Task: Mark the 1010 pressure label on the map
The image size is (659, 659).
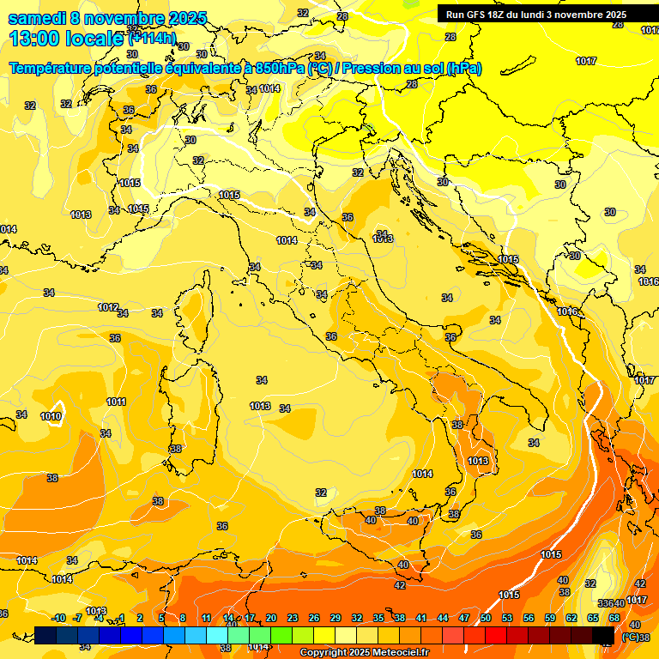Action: click(x=51, y=416)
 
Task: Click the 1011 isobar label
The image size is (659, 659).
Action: click(x=117, y=402)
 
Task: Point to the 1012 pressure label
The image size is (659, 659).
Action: click(x=108, y=307)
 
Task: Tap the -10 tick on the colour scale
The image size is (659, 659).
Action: click(x=58, y=618)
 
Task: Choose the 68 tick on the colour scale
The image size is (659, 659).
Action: click(x=614, y=618)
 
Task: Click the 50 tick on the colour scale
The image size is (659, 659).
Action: click(x=486, y=618)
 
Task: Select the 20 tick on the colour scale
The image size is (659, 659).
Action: click(x=271, y=618)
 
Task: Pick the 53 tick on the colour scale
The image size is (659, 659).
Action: click(x=507, y=618)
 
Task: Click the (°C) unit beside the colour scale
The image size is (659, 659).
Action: click(x=630, y=637)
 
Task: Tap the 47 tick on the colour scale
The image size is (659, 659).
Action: click(x=464, y=618)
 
